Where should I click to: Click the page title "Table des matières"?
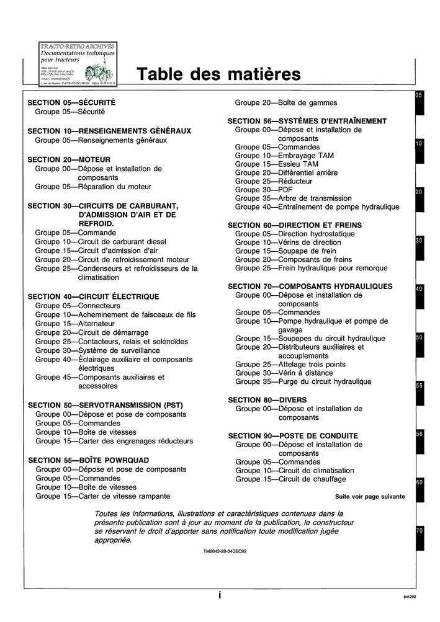(x=218, y=74)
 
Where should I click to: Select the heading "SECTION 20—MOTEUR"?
(x=70, y=159)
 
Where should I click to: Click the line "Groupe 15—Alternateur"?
(x=75, y=324)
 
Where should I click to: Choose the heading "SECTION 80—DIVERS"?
(x=267, y=400)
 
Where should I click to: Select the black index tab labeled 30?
(x=420, y=247)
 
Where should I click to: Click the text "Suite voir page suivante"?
(x=370, y=496)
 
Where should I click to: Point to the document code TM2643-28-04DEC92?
(x=225, y=551)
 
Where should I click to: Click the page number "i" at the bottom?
(x=220, y=595)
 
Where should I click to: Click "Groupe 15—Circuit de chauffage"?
(x=291, y=479)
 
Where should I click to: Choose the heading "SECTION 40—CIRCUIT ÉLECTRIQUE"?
(x=94, y=297)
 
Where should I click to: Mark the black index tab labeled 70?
(x=420, y=538)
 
